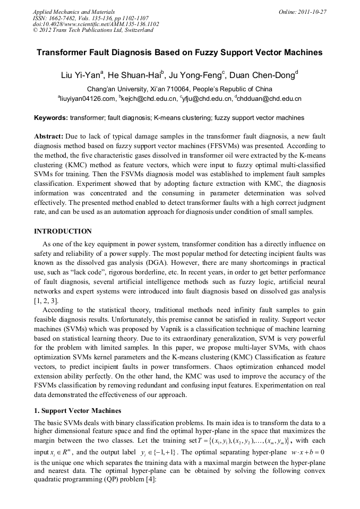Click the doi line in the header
(x=96, y=24)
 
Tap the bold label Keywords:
(x=51, y=117)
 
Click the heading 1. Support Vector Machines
(x=78, y=411)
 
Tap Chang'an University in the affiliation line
(x=118, y=89)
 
